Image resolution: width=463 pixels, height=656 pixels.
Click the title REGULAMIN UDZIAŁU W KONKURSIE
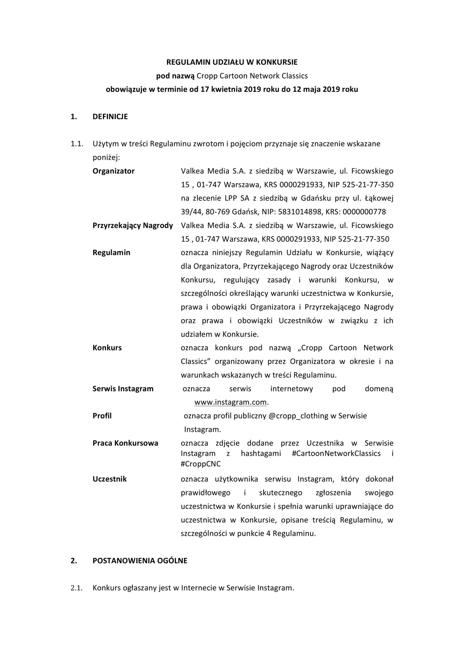point(232,62)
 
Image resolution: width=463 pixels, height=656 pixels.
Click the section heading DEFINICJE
point(110,117)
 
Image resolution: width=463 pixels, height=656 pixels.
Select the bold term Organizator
point(113,171)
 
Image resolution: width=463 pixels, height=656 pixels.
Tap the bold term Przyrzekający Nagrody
point(132,226)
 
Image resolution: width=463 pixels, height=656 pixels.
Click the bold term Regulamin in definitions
point(111,253)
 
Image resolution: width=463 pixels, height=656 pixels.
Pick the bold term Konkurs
point(107,348)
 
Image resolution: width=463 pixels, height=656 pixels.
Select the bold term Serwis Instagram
point(123,389)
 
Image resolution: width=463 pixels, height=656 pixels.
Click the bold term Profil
point(102,416)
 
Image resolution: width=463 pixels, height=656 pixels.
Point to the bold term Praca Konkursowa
point(125,443)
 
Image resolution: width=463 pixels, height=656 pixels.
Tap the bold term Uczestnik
point(110,479)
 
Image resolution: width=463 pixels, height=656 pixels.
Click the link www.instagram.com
point(231,402)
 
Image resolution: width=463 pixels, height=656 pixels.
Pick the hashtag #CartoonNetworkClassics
point(336,454)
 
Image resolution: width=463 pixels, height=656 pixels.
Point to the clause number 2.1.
point(76,588)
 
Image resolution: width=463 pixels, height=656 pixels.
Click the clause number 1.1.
point(76,144)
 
